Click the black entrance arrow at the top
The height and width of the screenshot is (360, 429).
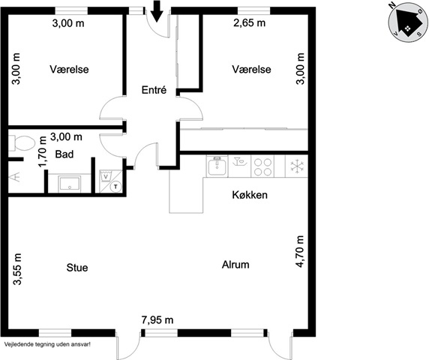pyautogui.click(x=157, y=11)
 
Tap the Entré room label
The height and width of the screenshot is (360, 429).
pyautogui.click(x=154, y=90)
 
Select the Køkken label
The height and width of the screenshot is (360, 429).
pyautogui.click(x=250, y=195)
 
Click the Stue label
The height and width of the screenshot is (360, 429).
pyautogui.click(x=77, y=268)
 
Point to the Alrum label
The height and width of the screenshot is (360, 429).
pyautogui.click(x=235, y=265)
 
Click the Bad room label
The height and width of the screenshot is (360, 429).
pyautogui.click(x=64, y=154)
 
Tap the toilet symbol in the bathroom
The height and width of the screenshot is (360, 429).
pyautogui.click(x=21, y=143)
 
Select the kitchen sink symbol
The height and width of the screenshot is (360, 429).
pyautogui.click(x=217, y=166)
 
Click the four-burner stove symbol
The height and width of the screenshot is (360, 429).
pyautogui.click(x=262, y=166)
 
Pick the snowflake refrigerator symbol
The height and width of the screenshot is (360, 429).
pyautogui.click(x=297, y=166)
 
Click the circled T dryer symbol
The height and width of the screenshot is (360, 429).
pyautogui.click(x=116, y=187)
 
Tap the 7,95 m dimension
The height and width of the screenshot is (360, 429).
pyautogui.click(x=157, y=319)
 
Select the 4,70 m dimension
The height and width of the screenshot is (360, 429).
pyautogui.click(x=300, y=251)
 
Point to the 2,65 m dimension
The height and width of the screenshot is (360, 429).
pyautogui.click(x=250, y=22)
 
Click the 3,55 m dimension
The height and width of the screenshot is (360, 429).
pyautogui.click(x=17, y=269)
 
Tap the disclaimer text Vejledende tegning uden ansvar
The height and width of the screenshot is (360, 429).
pyautogui.click(x=47, y=344)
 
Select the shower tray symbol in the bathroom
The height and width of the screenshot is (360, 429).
pyautogui.click(x=70, y=184)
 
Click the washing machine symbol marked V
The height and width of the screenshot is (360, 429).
pyautogui.click(x=106, y=175)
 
